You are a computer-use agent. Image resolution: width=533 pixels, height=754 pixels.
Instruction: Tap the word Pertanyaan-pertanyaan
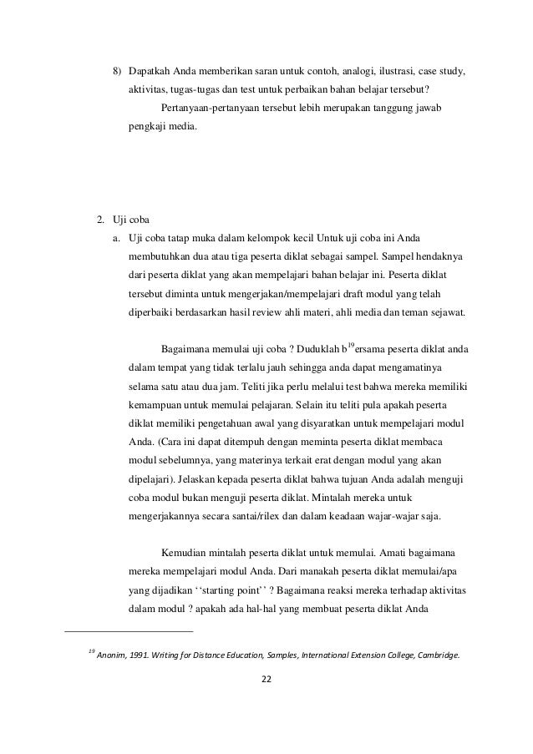[x=209, y=109]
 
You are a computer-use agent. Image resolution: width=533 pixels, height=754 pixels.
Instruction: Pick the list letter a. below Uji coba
[x=118, y=240]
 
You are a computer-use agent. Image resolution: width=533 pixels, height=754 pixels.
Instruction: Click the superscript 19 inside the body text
[x=351, y=345]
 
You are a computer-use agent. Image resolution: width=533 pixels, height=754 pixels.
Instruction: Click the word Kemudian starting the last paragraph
[x=181, y=552]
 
